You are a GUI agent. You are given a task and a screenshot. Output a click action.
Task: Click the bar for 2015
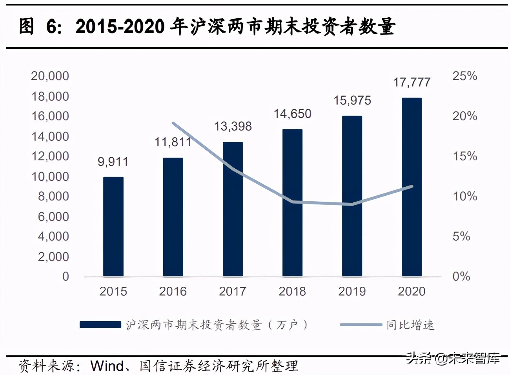click(113, 227)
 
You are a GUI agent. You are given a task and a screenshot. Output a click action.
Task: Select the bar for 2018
click(292, 203)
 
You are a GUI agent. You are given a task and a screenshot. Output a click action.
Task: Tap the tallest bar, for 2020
click(412, 187)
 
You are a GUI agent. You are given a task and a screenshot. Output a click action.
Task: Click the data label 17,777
click(412, 82)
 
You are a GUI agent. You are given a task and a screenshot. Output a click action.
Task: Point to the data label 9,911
click(113, 162)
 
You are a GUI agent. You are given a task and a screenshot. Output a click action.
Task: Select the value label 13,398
click(233, 126)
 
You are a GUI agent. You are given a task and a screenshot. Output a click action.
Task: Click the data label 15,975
click(352, 101)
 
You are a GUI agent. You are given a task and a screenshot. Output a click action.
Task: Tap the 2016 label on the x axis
click(173, 291)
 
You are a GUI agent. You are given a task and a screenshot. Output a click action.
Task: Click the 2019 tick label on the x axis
click(352, 291)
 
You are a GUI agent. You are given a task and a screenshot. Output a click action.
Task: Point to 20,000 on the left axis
click(50, 76)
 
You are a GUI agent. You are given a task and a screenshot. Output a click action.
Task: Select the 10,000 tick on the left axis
click(50, 176)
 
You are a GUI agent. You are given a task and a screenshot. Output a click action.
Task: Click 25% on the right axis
click(464, 76)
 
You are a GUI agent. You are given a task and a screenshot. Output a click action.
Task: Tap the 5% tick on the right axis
click(461, 236)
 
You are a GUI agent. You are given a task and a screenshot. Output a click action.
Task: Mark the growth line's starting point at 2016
click(173, 123)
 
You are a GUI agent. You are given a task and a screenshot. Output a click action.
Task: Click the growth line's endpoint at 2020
click(412, 186)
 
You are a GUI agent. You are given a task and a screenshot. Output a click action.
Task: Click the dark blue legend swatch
click(100, 325)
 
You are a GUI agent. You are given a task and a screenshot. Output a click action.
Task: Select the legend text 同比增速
click(410, 325)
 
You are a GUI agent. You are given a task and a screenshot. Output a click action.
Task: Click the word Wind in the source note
click(107, 366)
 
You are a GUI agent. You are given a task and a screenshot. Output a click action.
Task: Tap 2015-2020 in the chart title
click(120, 27)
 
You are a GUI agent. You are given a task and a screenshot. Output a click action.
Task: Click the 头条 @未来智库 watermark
click(453, 358)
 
